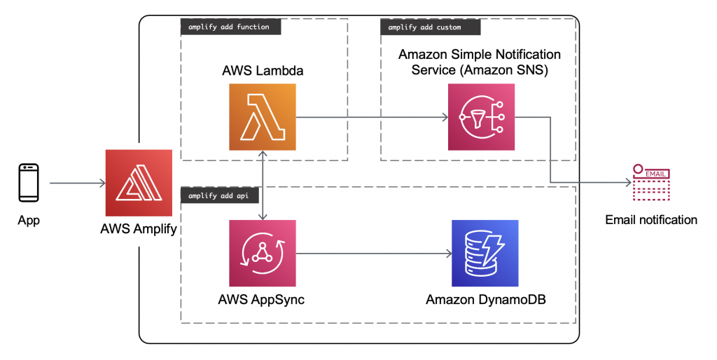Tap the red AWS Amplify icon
tap(139, 183)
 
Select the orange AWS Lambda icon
tap(263, 117)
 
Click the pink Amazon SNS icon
tap(481, 117)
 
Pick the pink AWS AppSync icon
tap(263, 253)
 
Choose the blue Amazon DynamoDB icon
tap(485, 253)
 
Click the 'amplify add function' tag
tap(230, 27)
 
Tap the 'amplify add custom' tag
tap(430, 27)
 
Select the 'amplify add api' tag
tap(220, 195)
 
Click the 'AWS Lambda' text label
tap(263, 71)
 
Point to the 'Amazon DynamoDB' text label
tap(485, 300)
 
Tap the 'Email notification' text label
tap(651, 220)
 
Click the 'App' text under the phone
tap(29, 221)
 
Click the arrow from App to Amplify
tap(77, 184)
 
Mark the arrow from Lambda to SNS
tap(371, 117)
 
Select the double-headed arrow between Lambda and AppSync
tap(263, 185)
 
